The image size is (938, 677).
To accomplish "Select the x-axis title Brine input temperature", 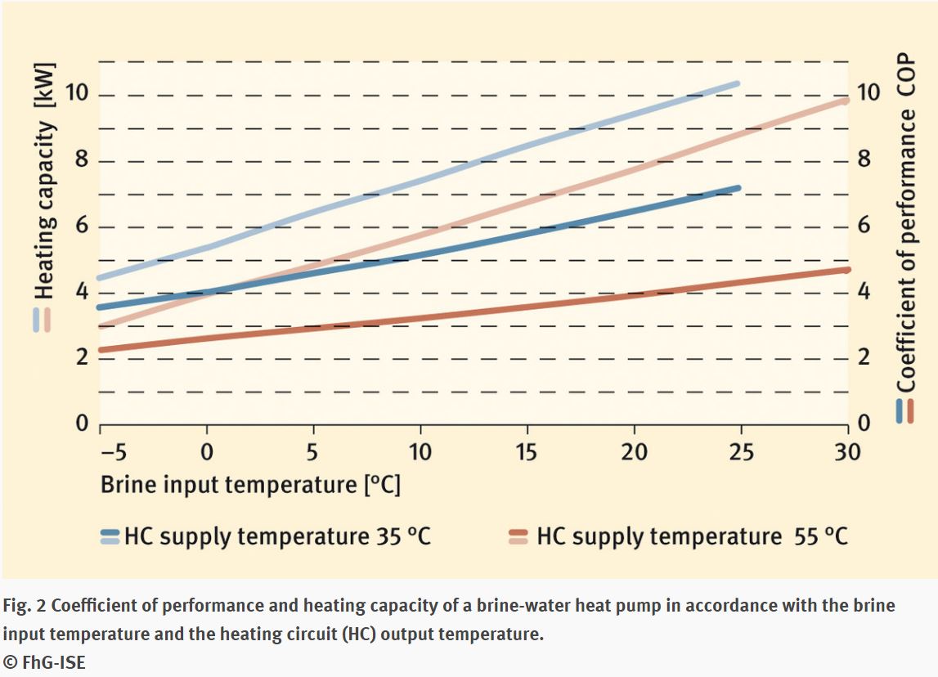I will coord(250,484).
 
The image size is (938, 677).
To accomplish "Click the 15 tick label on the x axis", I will coord(527,451).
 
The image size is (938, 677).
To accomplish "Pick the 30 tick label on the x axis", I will coord(848,451).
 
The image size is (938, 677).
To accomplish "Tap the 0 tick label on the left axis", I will coord(82,424).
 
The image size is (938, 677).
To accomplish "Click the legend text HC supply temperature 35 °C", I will coord(277,536).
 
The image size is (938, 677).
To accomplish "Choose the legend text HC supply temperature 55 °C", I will coord(692,536).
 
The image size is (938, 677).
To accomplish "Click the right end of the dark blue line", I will coord(738,188).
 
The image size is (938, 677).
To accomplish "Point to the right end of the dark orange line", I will coord(847,270).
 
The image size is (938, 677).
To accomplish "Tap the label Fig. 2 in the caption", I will coord(24,606).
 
